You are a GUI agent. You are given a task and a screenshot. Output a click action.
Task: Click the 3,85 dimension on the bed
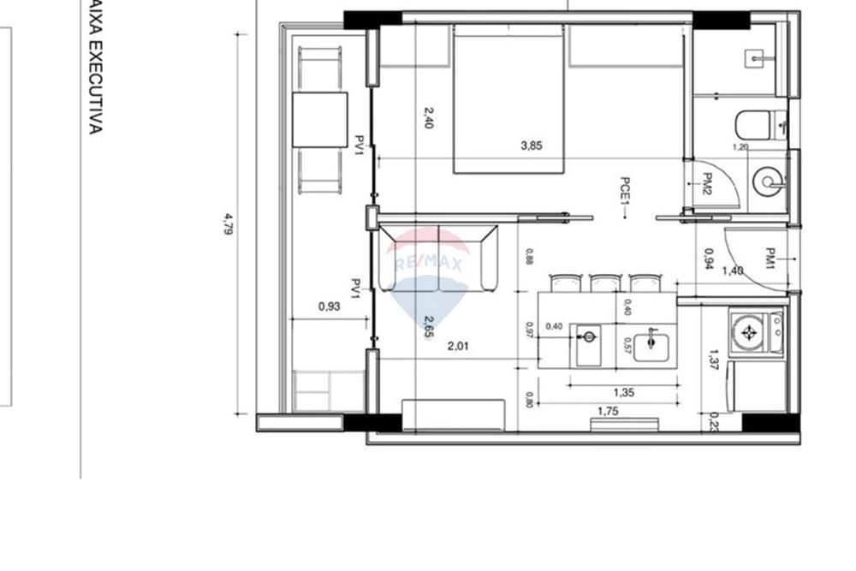click(532, 146)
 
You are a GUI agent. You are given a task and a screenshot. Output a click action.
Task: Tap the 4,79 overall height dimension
click(229, 224)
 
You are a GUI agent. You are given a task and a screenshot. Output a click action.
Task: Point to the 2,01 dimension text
click(460, 347)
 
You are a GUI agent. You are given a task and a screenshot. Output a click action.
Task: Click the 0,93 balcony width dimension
click(329, 306)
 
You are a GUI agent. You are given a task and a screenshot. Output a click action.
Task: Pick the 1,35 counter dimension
click(623, 393)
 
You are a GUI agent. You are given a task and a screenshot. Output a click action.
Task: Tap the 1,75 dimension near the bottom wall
click(608, 412)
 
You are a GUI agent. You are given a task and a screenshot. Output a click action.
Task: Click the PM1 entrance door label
click(770, 257)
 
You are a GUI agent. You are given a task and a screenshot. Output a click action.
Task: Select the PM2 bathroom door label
click(708, 184)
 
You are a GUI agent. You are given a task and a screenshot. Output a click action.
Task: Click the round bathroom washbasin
click(767, 181)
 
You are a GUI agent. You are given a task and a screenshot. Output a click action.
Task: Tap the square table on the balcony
click(319, 120)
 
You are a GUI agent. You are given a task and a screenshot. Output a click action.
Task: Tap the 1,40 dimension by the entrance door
click(734, 271)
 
